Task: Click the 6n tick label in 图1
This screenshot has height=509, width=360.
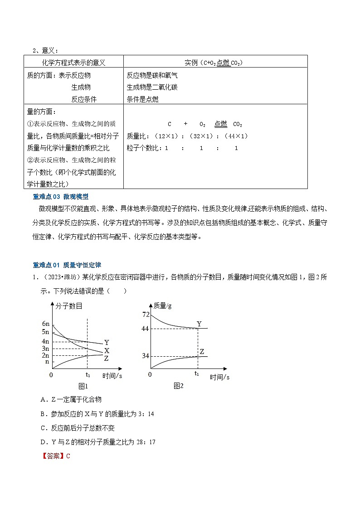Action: pos(45,324)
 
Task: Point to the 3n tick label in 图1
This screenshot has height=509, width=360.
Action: pos(45,349)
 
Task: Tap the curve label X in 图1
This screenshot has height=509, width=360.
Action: pos(107,351)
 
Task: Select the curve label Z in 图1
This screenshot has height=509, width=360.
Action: pos(106,359)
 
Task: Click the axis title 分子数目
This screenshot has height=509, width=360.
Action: pos(69,306)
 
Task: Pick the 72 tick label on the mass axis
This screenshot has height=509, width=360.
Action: pos(146,315)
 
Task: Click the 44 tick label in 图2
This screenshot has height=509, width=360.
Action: pos(145,328)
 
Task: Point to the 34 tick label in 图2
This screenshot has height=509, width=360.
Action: pos(145,356)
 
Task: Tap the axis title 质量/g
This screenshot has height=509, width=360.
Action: pos(163,305)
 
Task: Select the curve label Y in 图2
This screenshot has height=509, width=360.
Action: pos(199,324)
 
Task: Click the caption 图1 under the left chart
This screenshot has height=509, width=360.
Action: pos(83,386)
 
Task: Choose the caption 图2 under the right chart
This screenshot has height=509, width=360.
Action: pos(178,386)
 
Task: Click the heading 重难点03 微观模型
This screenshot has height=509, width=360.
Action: pos(61,197)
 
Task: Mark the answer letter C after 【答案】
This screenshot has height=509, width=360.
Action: pos(68,456)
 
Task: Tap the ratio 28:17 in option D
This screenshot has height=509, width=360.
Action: pos(148,441)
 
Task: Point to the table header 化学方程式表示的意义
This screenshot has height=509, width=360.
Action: pos(73,63)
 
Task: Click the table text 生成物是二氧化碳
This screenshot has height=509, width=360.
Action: pos(152,87)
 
